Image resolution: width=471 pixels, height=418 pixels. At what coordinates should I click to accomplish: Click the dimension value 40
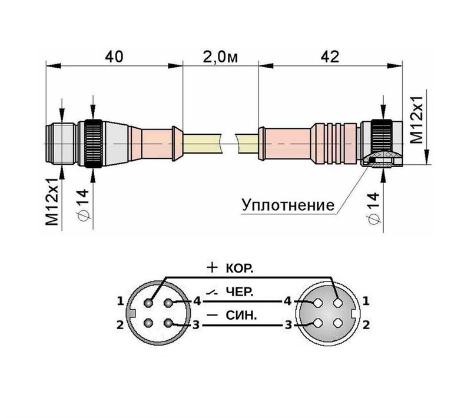click(114, 57)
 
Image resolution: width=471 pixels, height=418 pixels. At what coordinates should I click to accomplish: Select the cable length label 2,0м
click(220, 57)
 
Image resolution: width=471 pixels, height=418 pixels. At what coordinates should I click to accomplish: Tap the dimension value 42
click(330, 57)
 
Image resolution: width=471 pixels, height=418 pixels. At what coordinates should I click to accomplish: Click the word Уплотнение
click(288, 205)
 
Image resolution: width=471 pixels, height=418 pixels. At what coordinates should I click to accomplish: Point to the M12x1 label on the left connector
click(52, 201)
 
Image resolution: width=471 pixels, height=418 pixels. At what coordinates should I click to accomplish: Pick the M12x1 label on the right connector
click(417, 120)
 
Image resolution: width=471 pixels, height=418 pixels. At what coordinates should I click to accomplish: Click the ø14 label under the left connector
click(83, 205)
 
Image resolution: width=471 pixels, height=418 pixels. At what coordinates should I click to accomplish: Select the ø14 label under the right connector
click(373, 208)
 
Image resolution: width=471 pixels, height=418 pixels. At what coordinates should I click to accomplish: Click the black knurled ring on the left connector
click(94, 144)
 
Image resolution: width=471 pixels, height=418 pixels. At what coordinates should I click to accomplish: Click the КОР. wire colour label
click(240, 269)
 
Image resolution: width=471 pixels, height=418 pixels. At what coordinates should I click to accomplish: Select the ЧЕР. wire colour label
click(240, 292)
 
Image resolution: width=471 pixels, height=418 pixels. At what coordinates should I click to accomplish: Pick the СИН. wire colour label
click(241, 316)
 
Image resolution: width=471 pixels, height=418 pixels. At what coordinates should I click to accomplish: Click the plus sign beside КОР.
click(212, 267)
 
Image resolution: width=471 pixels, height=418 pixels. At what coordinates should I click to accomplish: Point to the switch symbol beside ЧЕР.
click(212, 292)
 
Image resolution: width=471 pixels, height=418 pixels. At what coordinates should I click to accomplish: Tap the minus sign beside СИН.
click(213, 315)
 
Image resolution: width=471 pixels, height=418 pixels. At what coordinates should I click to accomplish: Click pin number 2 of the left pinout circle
click(120, 324)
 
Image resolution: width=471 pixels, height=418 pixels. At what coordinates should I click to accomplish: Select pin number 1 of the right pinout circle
click(366, 301)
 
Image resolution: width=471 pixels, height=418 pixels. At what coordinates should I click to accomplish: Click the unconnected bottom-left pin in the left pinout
click(148, 323)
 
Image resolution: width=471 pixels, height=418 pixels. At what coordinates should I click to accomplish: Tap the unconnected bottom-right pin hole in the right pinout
click(338, 323)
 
